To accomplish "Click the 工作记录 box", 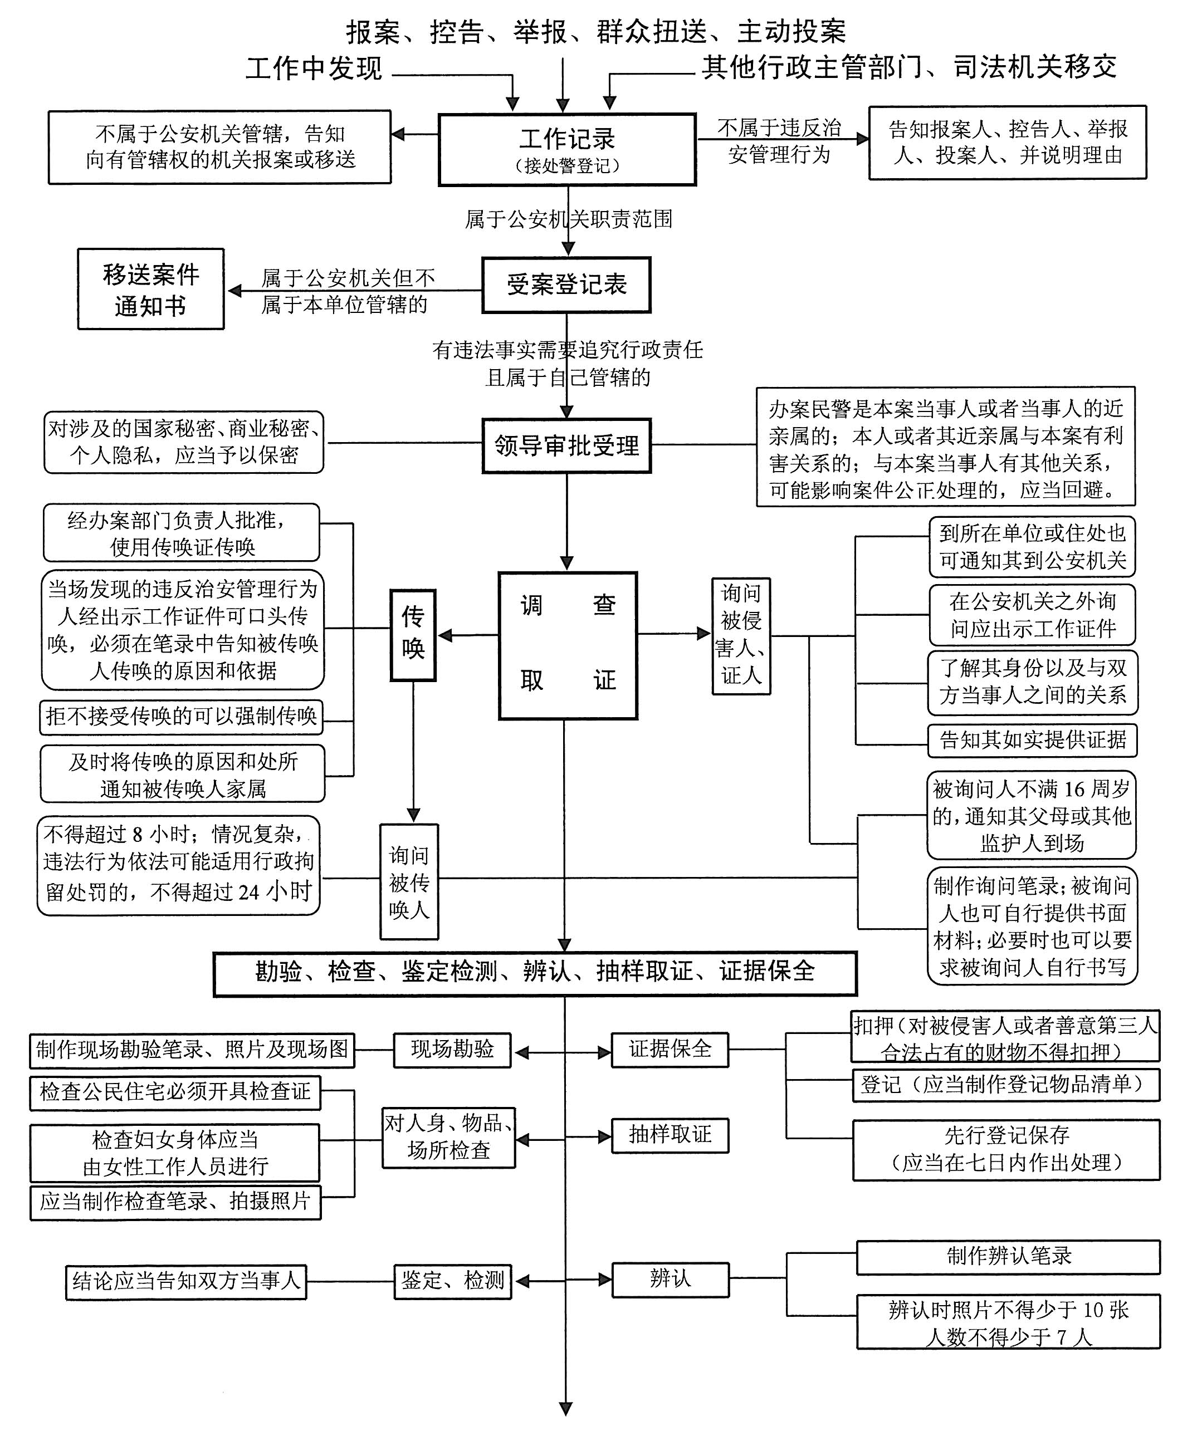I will pos(566,150).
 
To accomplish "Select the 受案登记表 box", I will pos(566,285).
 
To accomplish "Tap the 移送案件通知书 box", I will pos(150,289).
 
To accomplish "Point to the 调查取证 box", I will pos(567,645).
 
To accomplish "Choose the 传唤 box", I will pos(413,635).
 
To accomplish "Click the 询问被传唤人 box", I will pos(409,881).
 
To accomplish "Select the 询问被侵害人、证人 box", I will pos(741,636).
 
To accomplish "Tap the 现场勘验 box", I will pos(452,1050).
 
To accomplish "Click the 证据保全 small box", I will pos(670,1050).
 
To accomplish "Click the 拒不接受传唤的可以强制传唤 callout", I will pos(181,717).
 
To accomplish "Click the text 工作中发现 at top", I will pos(314,68).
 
